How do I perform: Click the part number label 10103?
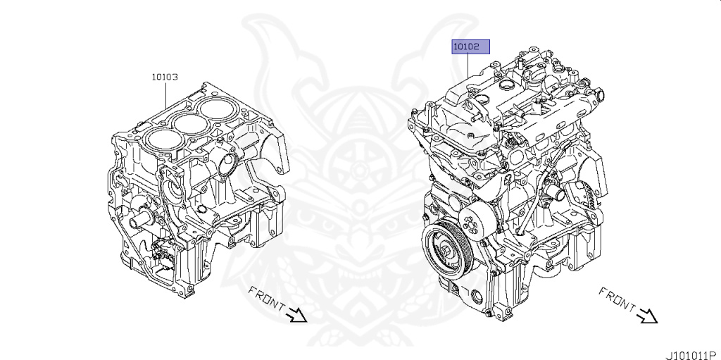(x=165, y=77)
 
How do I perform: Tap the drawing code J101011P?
(x=694, y=355)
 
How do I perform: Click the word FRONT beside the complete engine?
(x=617, y=299)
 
